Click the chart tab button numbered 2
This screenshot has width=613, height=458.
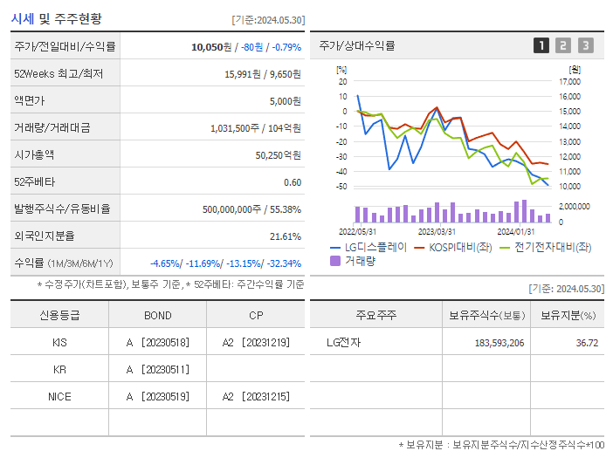pos(563,45)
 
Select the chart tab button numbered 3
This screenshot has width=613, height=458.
pos(585,45)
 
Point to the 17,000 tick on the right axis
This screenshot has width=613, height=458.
pos(570,81)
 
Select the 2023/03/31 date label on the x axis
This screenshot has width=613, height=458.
pos(437,231)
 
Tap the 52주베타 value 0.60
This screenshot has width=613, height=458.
pos(293,182)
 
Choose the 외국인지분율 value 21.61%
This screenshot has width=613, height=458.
pos(286,236)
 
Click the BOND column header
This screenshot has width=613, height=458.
pos(157,316)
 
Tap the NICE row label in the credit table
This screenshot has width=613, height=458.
pos(59,397)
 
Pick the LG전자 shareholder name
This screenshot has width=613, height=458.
pos(343,343)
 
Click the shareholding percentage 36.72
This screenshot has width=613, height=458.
pos(587,343)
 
